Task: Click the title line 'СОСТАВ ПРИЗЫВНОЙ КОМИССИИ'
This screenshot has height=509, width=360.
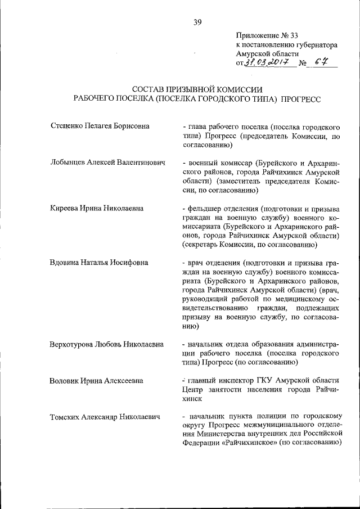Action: [x=197, y=89]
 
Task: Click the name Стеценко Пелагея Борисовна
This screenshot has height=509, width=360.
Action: [x=99, y=125]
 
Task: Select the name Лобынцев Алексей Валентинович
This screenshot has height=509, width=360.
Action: [x=107, y=163]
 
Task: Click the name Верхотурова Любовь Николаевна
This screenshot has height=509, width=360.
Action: [x=107, y=344]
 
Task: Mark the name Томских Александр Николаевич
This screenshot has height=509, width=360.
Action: [x=106, y=417]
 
